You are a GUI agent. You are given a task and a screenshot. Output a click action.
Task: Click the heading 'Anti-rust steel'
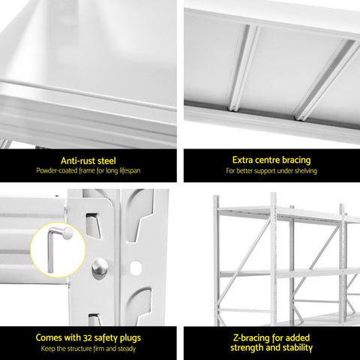coord(88,160)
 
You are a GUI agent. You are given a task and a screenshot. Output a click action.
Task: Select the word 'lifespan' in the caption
coord(130,171)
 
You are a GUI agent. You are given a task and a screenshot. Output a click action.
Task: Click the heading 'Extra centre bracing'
coord(271,160)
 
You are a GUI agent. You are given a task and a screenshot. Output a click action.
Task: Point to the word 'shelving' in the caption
coord(306,171)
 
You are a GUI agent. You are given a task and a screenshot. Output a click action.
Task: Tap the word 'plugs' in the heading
coord(130,338)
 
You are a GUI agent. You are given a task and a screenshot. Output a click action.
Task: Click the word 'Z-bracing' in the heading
coord(251,338)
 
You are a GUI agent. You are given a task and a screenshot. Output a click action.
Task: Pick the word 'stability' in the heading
coord(297,348)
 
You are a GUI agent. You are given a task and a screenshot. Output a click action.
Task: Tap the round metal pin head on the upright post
coord(100,266)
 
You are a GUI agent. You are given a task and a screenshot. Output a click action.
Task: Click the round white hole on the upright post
coord(135,267)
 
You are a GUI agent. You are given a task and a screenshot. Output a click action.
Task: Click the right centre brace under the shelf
coord(325,80)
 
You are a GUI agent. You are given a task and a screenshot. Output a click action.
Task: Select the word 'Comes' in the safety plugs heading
coord(49,337)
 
